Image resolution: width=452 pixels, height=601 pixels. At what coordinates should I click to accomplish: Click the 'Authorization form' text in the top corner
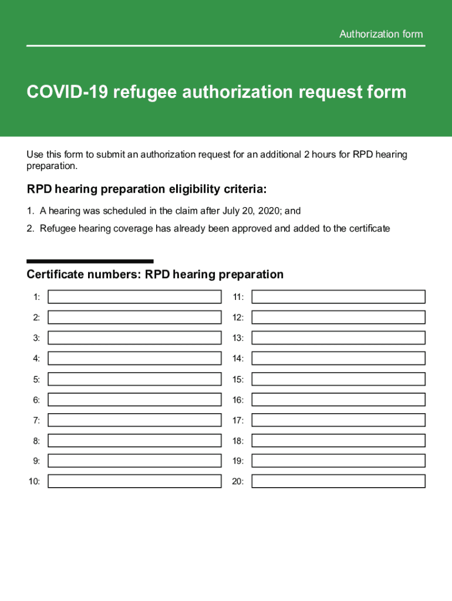coord(381,34)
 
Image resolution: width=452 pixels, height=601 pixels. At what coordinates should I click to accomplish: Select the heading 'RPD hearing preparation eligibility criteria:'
coord(147,189)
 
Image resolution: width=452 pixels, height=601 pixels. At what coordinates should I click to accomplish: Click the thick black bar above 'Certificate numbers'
coord(90,261)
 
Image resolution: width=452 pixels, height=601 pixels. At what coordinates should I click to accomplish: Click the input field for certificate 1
coord(134,297)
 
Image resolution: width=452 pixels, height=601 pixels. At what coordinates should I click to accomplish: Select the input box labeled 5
coord(134,379)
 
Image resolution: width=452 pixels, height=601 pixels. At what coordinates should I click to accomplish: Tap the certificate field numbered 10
coord(134,481)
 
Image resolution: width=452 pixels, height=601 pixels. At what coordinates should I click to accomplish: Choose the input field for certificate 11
coord(338,297)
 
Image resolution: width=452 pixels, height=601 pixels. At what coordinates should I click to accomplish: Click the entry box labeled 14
coord(338,359)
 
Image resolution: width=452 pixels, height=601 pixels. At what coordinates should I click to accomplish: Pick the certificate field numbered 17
coord(338,420)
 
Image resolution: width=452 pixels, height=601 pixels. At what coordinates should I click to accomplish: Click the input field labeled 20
coord(338,481)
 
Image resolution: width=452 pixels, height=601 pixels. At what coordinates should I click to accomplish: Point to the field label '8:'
coord(36,441)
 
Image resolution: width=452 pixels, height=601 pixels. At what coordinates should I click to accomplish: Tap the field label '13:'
coord(238,338)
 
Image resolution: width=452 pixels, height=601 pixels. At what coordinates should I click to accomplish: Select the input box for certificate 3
coord(134,338)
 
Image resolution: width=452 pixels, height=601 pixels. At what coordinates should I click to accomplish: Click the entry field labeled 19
coord(338,461)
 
